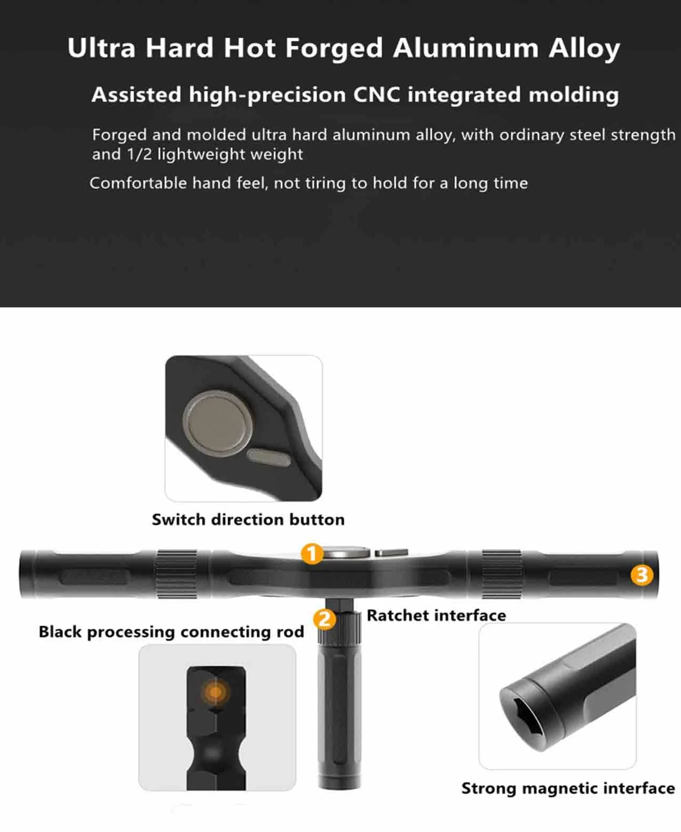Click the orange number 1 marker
(312, 553)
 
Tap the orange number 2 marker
(325, 619)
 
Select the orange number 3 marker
(642, 575)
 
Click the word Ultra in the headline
(101, 48)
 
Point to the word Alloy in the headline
(585, 49)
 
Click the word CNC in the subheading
(376, 94)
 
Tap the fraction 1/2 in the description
(139, 154)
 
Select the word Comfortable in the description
(138, 183)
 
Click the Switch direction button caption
(248, 519)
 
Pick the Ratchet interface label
(436, 616)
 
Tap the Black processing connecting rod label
(171, 632)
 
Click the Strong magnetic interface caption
(568, 788)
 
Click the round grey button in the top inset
(218, 423)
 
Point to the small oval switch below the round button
(269, 457)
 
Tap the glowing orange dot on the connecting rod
(215, 692)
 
